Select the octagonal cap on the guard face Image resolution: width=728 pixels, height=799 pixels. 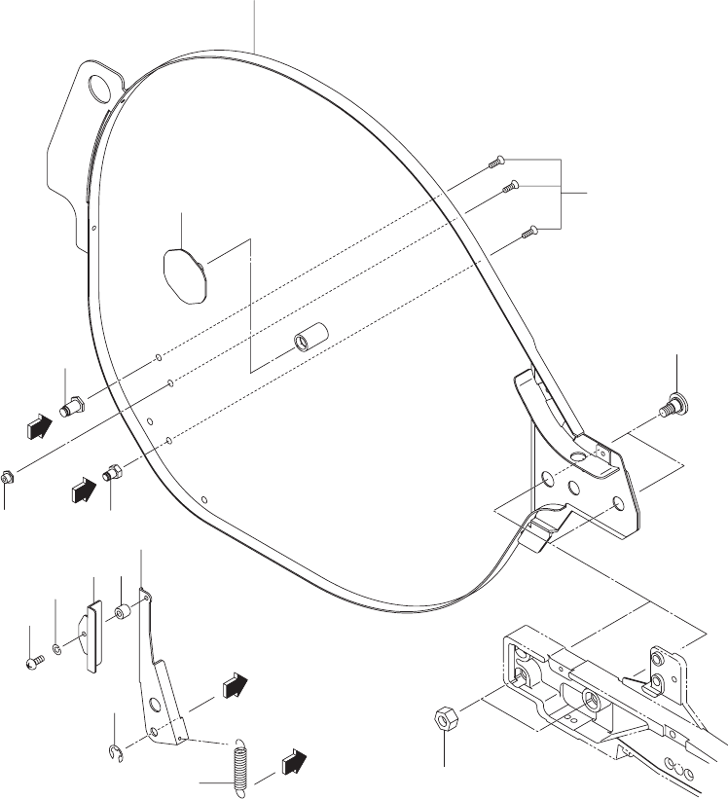pos(181,275)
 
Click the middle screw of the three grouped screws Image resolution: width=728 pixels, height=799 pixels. pos(509,186)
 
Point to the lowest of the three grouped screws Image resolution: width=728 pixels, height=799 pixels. pos(529,231)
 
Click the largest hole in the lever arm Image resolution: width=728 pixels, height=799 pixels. pos(156,703)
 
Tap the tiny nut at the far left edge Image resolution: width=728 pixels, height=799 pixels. pos(7,478)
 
